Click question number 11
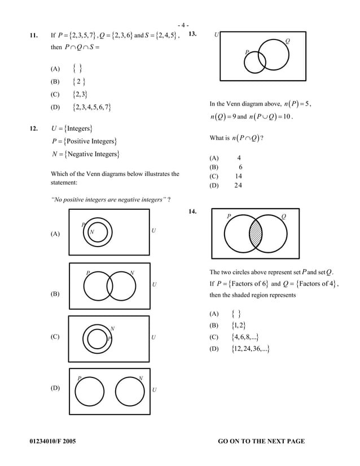[34, 36]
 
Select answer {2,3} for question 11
[80, 95]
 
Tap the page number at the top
[183, 25]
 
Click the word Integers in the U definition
[78, 129]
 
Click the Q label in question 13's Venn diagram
[287, 41]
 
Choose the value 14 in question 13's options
[239, 176]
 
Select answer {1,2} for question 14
[239, 326]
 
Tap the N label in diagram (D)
[141, 378]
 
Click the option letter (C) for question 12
[55, 337]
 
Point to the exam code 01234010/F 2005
[52, 441]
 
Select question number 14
[192, 212]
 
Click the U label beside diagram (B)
[154, 284]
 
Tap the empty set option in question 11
[77, 69]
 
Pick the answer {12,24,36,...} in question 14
[251, 349]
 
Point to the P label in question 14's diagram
[229, 216]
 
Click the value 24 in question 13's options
[238, 186]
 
